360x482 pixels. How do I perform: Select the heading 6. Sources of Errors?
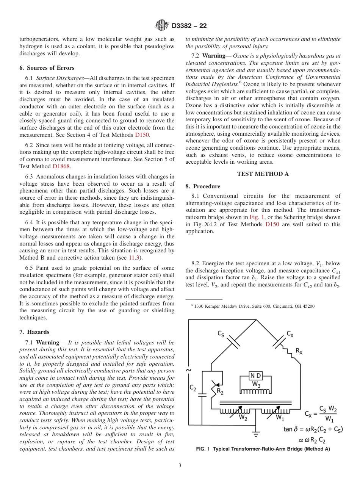(47, 68)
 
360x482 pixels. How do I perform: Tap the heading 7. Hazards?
(34, 332)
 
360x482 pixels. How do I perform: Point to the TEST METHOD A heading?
(263, 174)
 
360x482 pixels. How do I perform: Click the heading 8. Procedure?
(203, 186)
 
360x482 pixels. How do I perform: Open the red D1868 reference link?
(61, 166)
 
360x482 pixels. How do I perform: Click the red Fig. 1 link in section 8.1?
(254, 217)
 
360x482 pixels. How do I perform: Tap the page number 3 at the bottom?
(180, 465)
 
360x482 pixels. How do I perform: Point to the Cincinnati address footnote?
(254, 306)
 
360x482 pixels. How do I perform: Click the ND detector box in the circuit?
(255, 376)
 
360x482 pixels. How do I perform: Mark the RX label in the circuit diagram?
(299, 351)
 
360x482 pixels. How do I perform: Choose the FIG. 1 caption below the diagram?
(263, 449)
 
